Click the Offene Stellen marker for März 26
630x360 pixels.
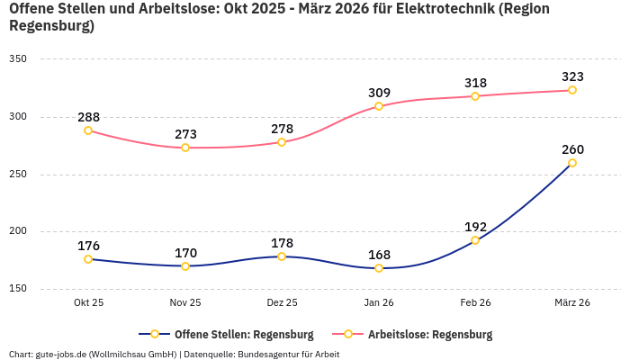572,163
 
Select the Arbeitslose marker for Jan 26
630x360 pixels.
379,106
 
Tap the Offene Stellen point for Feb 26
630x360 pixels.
475,240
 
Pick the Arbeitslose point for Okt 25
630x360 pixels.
88,130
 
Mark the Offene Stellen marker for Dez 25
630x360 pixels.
282,256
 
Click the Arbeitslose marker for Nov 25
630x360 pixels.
185,148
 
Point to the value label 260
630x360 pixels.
572,149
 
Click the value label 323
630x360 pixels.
572,76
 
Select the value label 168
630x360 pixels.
379,255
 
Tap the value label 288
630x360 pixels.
88,117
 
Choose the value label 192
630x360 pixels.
475,227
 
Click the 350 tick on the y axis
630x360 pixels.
18,59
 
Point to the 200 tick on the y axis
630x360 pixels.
18,231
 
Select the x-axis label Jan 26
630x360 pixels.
379,303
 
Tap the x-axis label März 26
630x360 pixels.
572,303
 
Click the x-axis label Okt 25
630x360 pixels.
88,303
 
